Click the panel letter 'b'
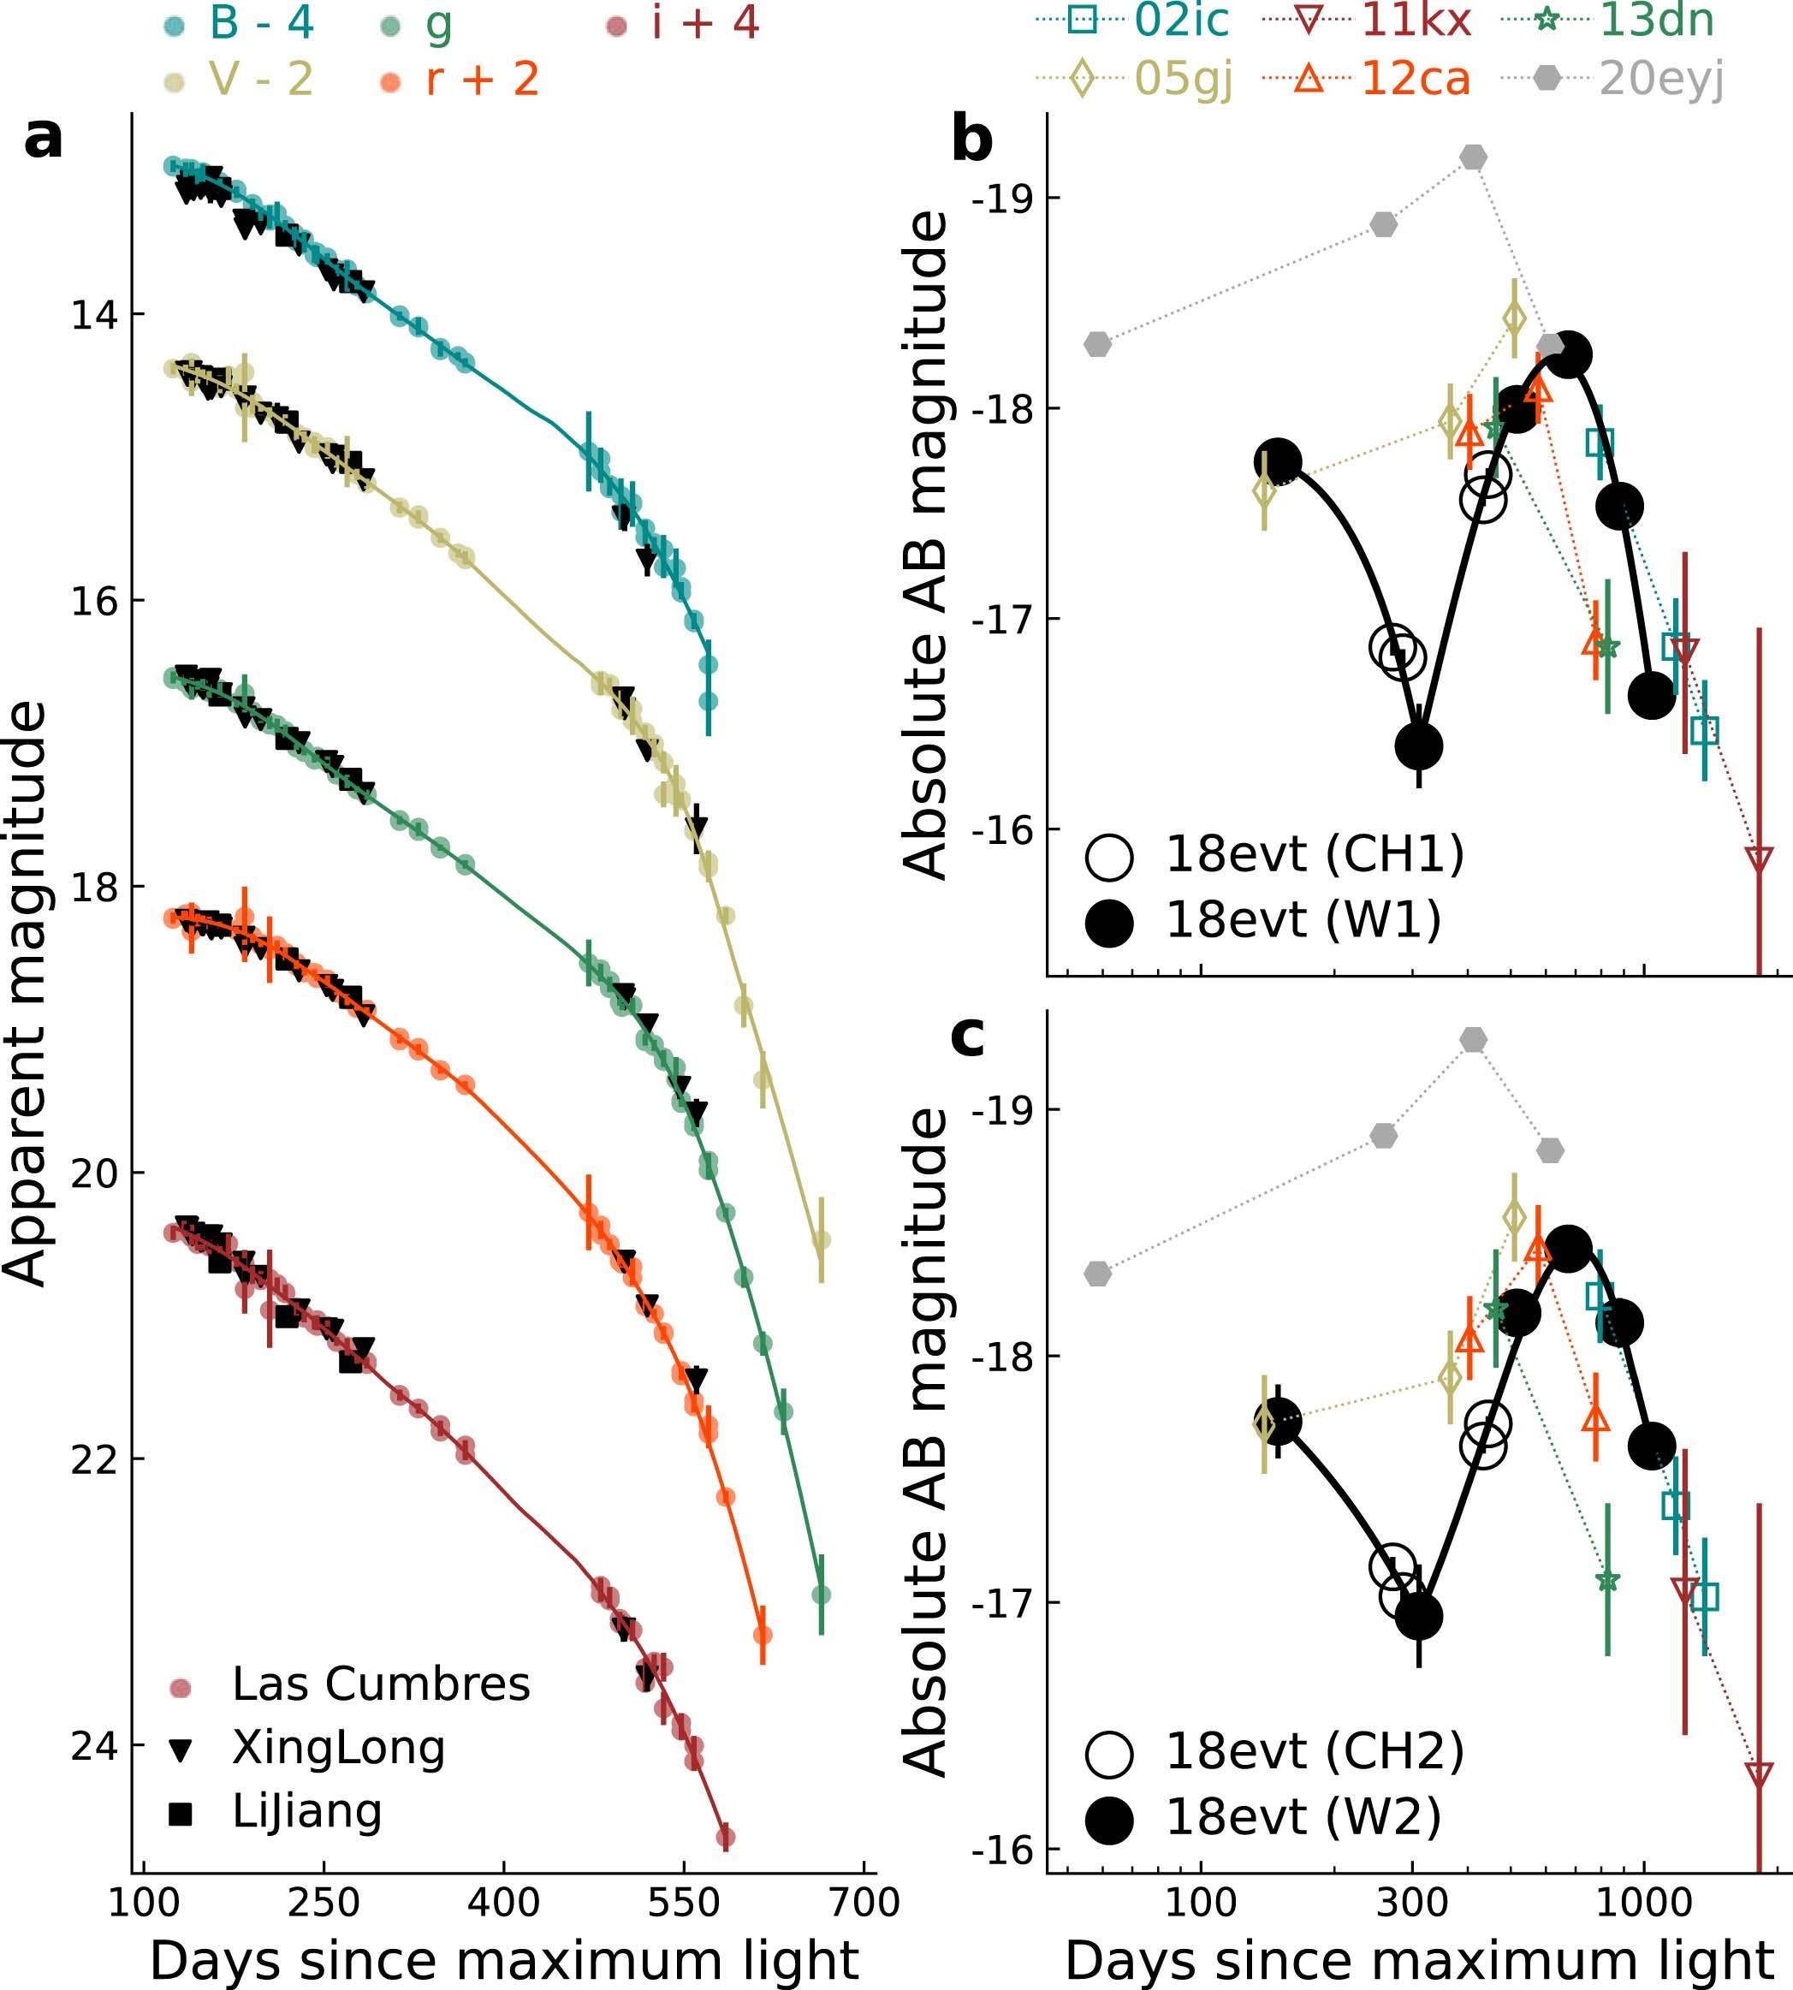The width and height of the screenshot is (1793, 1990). pyautogui.click(x=971, y=140)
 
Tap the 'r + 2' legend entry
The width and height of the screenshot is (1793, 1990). pyautogui.click(x=483, y=80)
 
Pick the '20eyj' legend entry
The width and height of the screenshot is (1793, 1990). pyautogui.click(x=1661, y=79)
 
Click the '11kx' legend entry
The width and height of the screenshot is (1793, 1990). pyautogui.click(x=1416, y=21)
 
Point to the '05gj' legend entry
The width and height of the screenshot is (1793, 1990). pyautogui.click(x=1183, y=79)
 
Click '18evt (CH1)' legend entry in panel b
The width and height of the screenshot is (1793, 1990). pyautogui.click(x=1315, y=854)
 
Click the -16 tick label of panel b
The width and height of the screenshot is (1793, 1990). pyautogui.click(x=1002, y=830)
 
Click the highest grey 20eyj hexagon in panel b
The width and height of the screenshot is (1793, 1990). pyautogui.click(x=1473, y=157)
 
